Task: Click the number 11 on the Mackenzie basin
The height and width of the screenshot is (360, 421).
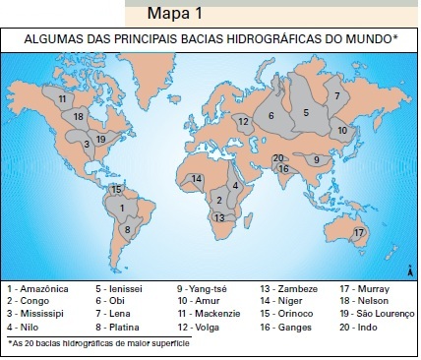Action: [62, 98]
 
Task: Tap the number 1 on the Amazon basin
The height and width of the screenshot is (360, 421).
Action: [121, 208]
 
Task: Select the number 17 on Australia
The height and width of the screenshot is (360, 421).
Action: [358, 232]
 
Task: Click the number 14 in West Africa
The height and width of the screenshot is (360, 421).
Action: [197, 178]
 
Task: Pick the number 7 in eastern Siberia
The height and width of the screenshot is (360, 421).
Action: [336, 95]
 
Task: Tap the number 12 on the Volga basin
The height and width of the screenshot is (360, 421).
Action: [242, 121]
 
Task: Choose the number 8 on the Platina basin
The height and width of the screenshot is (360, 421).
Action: [126, 230]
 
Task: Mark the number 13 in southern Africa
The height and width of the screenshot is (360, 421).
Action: [219, 217]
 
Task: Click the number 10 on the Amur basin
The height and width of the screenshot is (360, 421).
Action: [343, 130]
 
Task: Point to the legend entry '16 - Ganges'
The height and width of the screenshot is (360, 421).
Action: [286, 326]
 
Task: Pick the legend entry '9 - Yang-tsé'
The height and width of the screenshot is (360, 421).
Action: [203, 288]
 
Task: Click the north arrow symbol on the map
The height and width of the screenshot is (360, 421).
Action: [407, 268]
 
